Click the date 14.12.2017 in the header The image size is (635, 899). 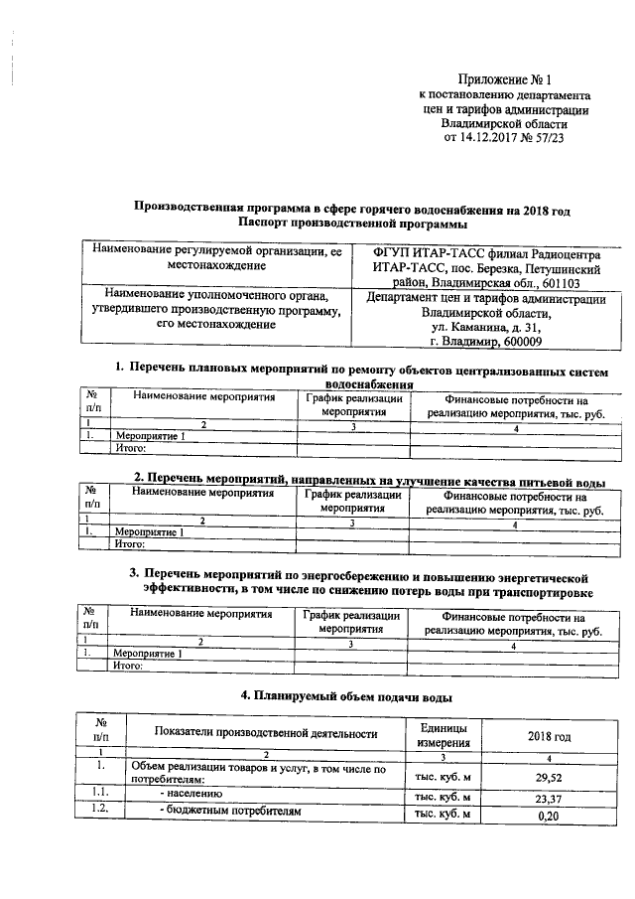click(x=492, y=139)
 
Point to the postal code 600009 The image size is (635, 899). click(x=519, y=343)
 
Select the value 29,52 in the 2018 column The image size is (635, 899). click(x=549, y=777)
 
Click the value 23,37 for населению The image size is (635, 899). click(x=549, y=798)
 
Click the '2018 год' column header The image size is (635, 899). click(x=549, y=737)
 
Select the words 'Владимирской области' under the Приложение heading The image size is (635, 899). click(x=505, y=124)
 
